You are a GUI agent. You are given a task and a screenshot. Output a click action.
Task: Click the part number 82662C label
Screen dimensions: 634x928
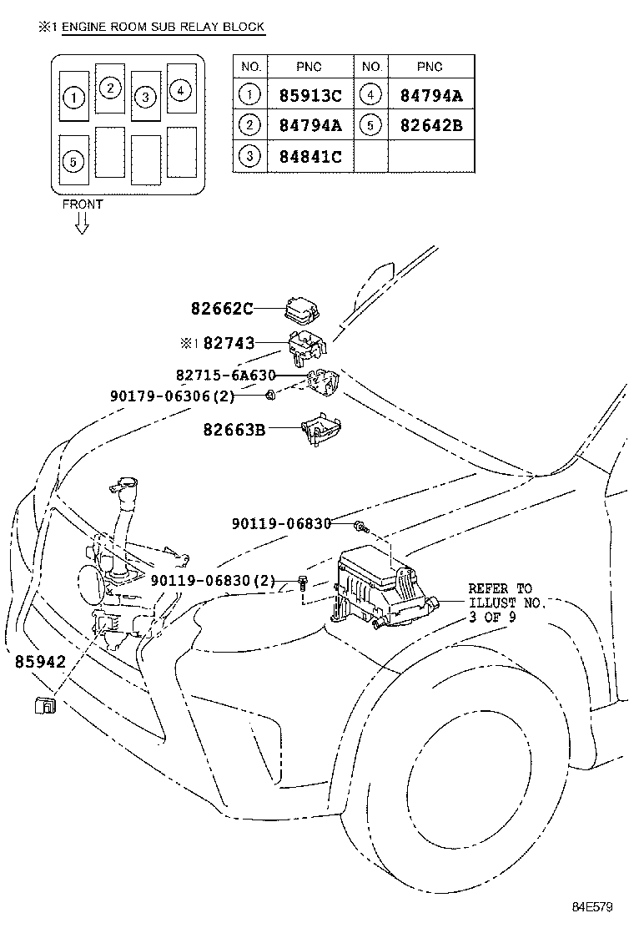[222, 308]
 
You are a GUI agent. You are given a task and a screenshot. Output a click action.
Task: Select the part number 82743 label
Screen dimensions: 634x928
[229, 343]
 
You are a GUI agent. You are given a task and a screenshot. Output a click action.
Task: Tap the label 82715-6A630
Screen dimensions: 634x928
[226, 376]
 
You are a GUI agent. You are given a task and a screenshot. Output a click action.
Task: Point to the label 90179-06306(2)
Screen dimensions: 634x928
[172, 396]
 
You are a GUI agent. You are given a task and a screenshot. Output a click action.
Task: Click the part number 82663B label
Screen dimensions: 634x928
[234, 429]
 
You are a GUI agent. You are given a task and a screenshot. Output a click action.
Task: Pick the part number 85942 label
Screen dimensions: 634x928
[40, 661]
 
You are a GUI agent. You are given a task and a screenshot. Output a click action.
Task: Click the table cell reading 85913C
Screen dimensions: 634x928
[310, 95]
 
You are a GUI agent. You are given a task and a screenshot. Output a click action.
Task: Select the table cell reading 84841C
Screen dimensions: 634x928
[310, 156]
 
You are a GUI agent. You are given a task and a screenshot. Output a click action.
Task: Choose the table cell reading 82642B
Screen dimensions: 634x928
[431, 125]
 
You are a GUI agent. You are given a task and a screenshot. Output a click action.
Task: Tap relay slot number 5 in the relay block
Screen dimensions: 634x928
[74, 161]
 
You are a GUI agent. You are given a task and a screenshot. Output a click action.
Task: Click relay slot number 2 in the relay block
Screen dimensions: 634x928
[110, 88]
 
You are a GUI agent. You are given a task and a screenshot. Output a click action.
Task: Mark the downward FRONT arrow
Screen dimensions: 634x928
[83, 224]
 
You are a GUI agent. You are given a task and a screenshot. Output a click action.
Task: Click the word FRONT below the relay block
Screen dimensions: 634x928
[83, 204]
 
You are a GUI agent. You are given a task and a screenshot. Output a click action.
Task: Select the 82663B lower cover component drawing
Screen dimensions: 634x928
[321, 427]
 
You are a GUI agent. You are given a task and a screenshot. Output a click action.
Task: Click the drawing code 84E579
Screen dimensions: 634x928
[592, 906]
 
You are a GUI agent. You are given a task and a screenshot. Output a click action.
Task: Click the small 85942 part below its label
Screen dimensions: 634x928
[45, 705]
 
